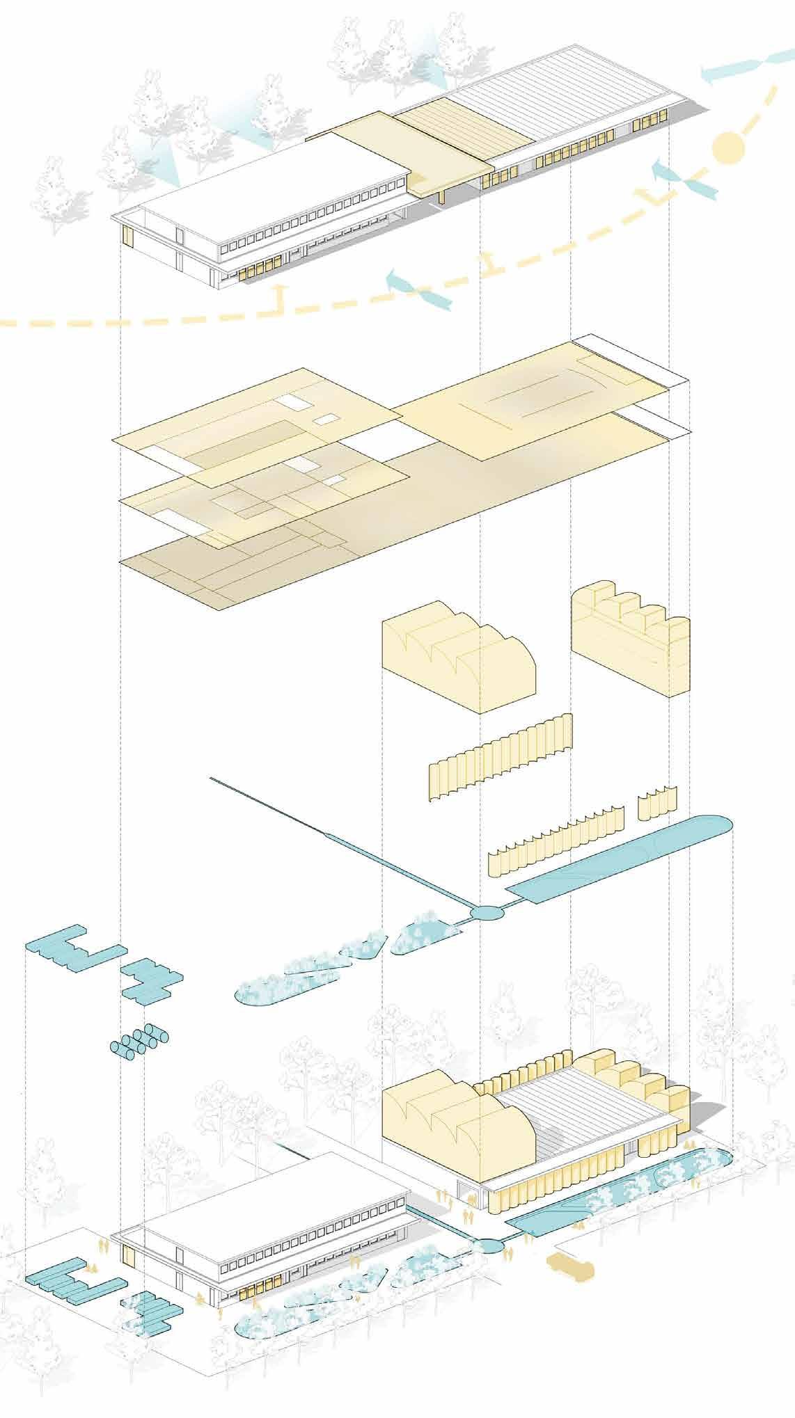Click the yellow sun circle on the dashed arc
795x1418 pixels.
[x=728, y=148]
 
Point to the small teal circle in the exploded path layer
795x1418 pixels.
[x=485, y=912]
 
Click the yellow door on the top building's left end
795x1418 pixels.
[x=127, y=237]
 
